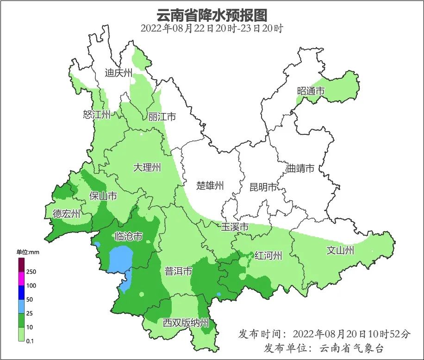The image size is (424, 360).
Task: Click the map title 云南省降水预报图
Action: tap(212, 15)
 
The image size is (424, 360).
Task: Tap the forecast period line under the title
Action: tap(212, 28)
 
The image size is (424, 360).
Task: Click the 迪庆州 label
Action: tap(118, 73)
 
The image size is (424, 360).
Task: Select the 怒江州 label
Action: tap(97, 115)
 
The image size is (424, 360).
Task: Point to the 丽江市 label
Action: tap(162, 117)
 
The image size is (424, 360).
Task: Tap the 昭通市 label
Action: tap(311, 91)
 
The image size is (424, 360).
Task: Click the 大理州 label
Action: tap(147, 168)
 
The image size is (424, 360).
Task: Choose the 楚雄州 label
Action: tap(210, 186)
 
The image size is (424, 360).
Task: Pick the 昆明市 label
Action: tap(263, 187)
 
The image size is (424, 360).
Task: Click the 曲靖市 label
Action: tap(300, 168)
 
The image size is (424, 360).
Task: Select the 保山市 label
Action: tap(103, 196)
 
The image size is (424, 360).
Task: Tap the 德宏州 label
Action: tap(66, 214)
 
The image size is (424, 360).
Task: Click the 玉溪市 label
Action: tap(235, 227)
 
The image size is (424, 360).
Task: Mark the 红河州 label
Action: tap(268, 255)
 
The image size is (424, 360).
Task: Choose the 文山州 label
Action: tap(340, 251)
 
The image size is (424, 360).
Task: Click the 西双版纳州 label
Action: tap(186, 323)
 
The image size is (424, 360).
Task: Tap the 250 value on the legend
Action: tap(31, 272)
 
